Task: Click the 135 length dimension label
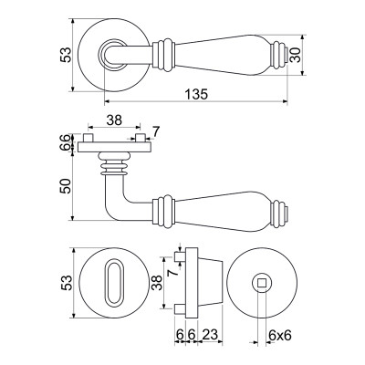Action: click(x=196, y=94)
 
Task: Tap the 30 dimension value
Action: click(x=296, y=55)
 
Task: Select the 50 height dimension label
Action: click(x=66, y=186)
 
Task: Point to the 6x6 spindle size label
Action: click(x=280, y=336)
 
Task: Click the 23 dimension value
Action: click(x=210, y=335)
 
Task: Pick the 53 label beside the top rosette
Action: click(x=66, y=55)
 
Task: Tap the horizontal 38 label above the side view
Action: click(x=114, y=120)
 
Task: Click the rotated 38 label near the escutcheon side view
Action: click(x=158, y=283)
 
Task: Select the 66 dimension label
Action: click(x=66, y=142)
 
